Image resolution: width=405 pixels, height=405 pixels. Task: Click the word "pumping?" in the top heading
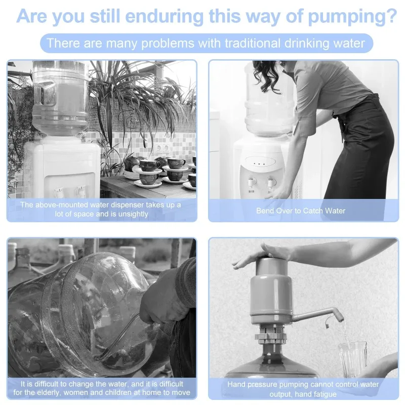pyautogui.click(x=352, y=17)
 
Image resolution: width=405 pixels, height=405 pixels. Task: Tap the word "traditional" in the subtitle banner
pyautogui.click(x=252, y=43)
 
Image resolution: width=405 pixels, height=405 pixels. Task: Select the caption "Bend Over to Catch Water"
pyautogui.click(x=301, y=211)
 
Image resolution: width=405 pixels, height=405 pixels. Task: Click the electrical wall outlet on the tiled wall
pyautogui.click(x=162, y=149)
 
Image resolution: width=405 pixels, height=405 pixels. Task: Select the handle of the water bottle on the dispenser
pyautogui.click(x=44, y=94)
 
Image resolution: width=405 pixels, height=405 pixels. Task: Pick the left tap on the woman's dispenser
pyautogui.click(x=251, y=182)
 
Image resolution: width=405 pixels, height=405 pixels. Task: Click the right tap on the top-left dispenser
pyautogui.click(x=80, y=191)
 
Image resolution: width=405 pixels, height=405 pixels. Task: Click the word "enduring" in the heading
pyautogui.click(x=164, y=17)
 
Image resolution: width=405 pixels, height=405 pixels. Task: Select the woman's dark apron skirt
pyautogui.click(x=359, y=150)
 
